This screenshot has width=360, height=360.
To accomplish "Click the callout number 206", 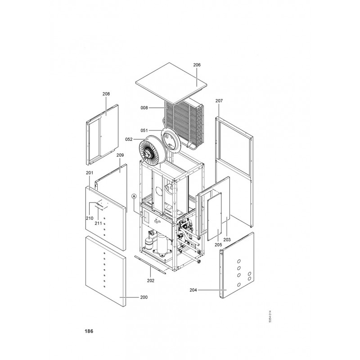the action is tap(197, 65).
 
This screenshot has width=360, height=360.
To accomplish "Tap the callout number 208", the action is tap(106, 94).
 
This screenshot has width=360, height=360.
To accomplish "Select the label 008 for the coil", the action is tap(144, 108).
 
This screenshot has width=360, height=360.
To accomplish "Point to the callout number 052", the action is tap(129, 139).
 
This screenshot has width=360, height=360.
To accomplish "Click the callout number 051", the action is tap(144, 130).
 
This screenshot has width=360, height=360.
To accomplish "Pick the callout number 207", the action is tap(219, 100).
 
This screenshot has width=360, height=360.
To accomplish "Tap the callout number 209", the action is tap(120, 155).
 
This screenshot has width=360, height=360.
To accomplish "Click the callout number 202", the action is tap(151, 280).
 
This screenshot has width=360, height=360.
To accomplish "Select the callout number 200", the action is tap(144, 297).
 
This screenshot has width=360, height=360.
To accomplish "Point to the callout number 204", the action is tap(193, 290).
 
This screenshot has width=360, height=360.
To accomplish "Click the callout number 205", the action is tap(218, 245).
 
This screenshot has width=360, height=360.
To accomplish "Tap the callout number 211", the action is tap(98, 223).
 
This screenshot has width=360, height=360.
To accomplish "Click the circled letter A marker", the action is tap(134, 196).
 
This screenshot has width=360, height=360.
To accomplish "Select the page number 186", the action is tap(89, 331).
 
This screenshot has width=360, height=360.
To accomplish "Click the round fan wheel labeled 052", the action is tap(151, 151).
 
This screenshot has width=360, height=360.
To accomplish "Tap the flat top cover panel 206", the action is tap(171, 83).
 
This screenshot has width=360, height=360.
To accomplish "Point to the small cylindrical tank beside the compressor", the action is tap(149, 243).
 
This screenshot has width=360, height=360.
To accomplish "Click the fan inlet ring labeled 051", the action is tap(171, 139).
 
